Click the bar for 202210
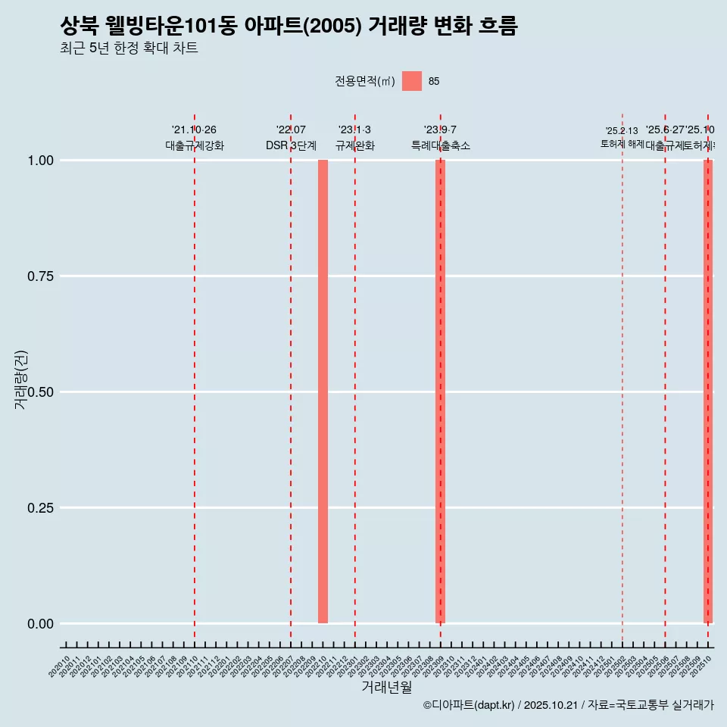[323, 392]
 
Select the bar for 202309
[440, 392]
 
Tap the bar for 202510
[708, 392]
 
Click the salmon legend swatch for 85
[411, 81]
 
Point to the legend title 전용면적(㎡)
[365, 81]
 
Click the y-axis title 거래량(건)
[21, 380]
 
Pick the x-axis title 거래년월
[386, 687]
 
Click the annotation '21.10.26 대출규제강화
[195, 138]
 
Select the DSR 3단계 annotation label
[291, 145]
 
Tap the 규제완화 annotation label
[354, 145]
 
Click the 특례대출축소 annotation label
[440, 145]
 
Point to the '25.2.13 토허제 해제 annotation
[622, 138]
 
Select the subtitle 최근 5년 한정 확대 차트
[129, 48]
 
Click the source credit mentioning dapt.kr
[568, 705]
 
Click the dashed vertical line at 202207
[291, 379]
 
